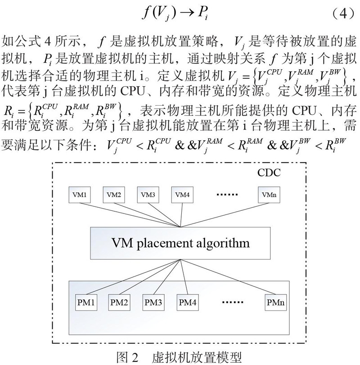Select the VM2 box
click(113, 195)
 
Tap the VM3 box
click(148, 195)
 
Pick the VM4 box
click(182, 195)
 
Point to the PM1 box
click(86, 301)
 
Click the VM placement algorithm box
click(180, 244)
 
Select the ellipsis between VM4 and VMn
click(228, 195)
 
